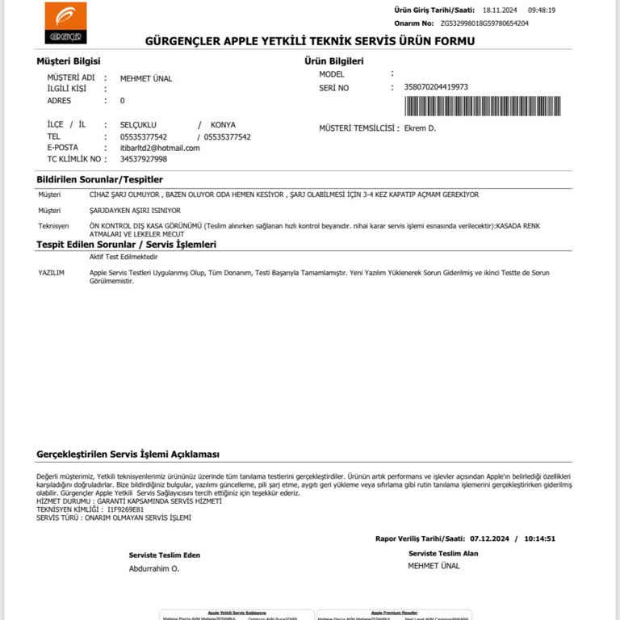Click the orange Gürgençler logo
coord(65,23)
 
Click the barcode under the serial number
coord(483,106)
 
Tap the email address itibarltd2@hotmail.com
coord(160,148)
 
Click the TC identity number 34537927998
coord(143,159)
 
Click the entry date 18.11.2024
coord(499,10)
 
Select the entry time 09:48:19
coord(542,10)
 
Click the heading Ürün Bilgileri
coord(334,61)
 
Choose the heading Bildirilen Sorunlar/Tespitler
coord(100,179)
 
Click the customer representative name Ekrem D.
coord(420,128)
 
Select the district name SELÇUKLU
coord(138,125)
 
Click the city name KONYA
coord(223,125)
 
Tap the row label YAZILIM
coord(51,273)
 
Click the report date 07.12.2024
coord(490,538)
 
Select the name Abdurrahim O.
coord(154,568)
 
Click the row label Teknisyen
coord(53,225)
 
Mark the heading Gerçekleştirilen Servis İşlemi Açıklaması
coord(128,455)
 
